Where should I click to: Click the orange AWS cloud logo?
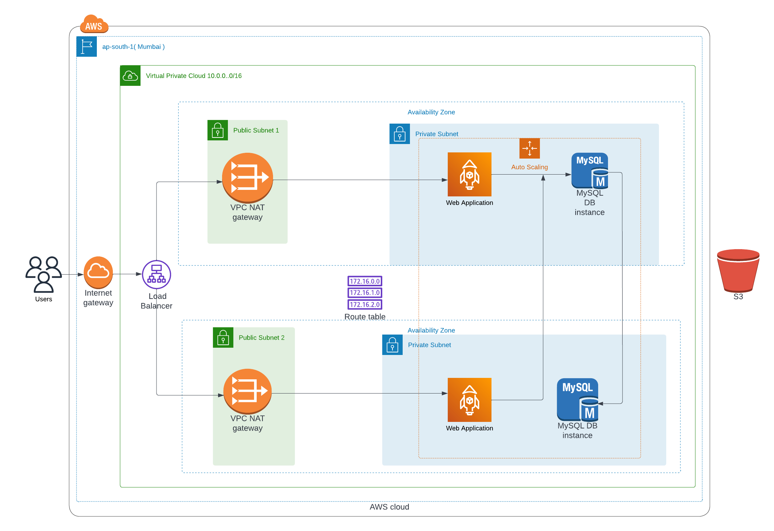tap(94, 24)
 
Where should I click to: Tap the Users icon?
tap(43, 274)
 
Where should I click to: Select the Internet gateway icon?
tap(98, 272)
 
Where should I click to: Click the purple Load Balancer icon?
tap(156, 275)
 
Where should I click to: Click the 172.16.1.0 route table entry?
tap(365, 293)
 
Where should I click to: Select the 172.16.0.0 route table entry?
tap(365, 281)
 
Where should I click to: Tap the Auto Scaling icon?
tap(529, 148)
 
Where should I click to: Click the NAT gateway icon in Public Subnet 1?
tap(248, 177)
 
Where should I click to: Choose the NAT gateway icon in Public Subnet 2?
tap(248, 391)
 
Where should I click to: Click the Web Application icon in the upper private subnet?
tap(469, 175)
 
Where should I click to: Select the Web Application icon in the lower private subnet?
tap(469, 400)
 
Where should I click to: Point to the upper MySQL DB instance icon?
tap(590, 171)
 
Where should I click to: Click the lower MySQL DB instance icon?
tap(577, 399)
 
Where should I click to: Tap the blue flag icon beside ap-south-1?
tap(87, 47)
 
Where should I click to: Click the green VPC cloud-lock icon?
tap(130, 76)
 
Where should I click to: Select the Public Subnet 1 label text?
tap(256, 130)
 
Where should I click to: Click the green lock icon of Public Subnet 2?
tap(223, 338)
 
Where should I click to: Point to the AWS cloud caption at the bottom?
tap(389, 507)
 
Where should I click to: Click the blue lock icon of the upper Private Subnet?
tap(399, 134)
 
